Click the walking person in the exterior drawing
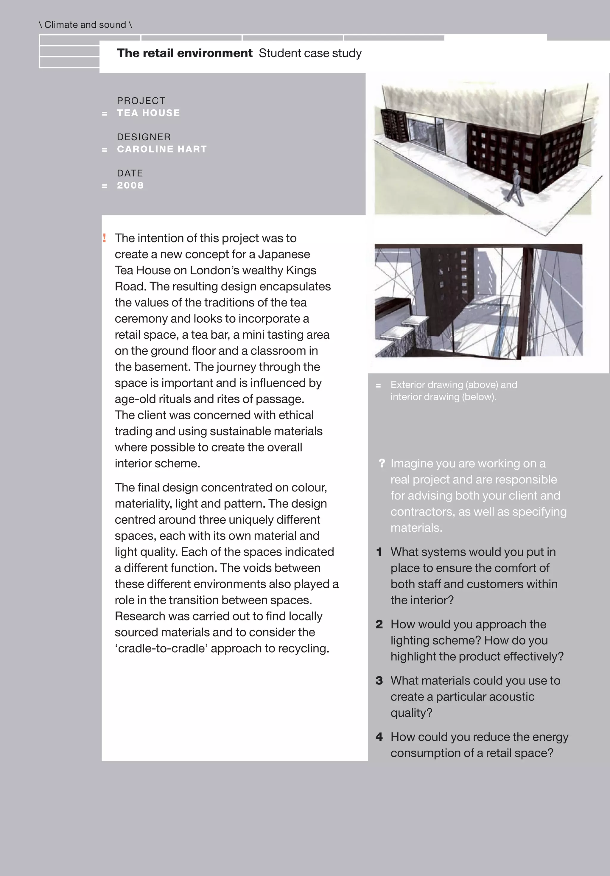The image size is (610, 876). click(x=515, y=187)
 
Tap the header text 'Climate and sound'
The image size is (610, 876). click(x=85, y=25)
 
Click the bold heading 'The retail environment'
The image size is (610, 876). click(x=185, y=53)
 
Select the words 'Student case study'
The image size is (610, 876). click(x=310, y=53)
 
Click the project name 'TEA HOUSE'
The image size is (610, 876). click(x=148, y=113)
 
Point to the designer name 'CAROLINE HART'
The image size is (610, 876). click(x=162, y=149)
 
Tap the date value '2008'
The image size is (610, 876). click(x=130, y=186)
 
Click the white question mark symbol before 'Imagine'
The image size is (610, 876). click(x=382, y=463)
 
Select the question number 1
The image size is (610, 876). click(x=379, y=552)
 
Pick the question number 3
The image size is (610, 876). click(x=379, y=681)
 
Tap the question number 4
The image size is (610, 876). click(x=379, y=737)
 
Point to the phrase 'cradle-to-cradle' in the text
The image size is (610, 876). click(x=163, y=649)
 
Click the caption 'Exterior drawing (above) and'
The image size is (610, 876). click(x=454, y=385)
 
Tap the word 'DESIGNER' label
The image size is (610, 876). click(x=144, y=137)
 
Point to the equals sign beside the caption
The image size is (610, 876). click(x=378, y=386)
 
